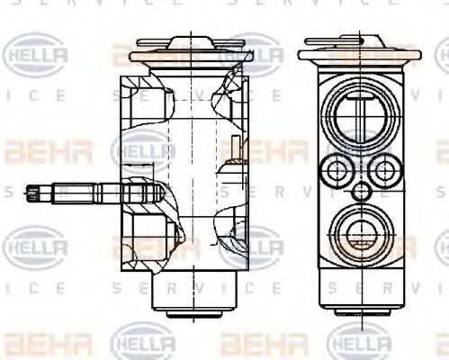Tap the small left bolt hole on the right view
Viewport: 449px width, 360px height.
338,168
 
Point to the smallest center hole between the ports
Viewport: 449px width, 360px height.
360,190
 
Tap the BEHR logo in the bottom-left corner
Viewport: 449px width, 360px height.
36,343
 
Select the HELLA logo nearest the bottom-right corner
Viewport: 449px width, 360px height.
360,343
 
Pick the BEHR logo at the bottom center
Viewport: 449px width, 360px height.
252,343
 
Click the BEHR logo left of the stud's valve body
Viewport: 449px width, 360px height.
36,150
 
